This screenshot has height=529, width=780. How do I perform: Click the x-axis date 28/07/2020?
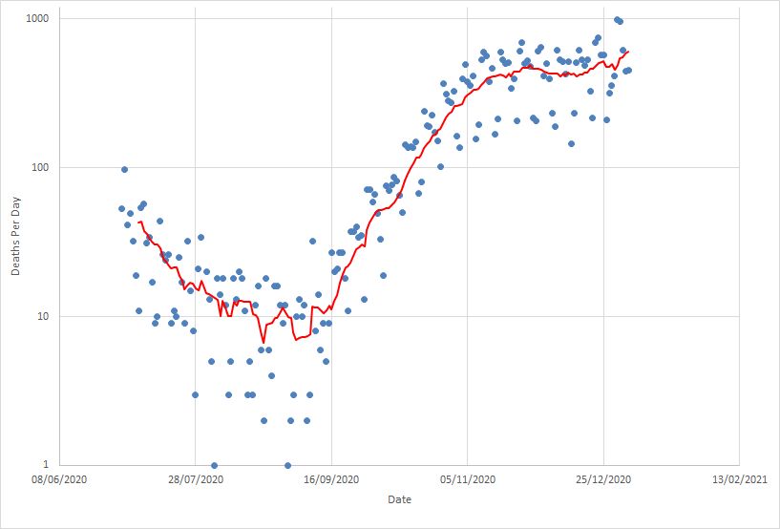click(195, 479)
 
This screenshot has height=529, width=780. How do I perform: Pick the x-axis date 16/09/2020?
click(331, 479)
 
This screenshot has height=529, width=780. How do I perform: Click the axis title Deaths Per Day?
click(16, 243)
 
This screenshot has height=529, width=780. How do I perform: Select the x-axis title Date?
click(400, 499)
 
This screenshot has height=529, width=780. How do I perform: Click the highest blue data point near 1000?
click(617, 19)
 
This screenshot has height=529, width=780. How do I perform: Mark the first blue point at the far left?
click(121, 208)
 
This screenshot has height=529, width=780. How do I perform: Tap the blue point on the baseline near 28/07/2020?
click(214, 465)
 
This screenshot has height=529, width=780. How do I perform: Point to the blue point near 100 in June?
click(124, 169)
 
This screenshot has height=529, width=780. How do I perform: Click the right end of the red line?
click(628, 52)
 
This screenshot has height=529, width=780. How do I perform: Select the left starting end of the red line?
click(138, 222)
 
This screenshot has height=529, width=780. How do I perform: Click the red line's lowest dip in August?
click(264, 342)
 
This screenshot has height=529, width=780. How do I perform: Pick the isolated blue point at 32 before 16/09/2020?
click(312, 241)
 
